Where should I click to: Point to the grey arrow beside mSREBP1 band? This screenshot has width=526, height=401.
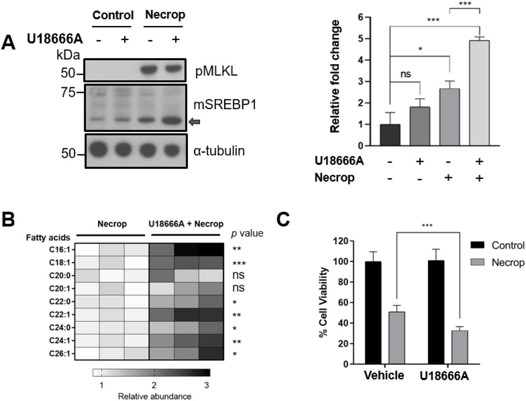pos(194,121)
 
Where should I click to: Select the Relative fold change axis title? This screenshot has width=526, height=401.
pos(335,76)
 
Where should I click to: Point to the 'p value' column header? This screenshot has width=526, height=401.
pos(247,234)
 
